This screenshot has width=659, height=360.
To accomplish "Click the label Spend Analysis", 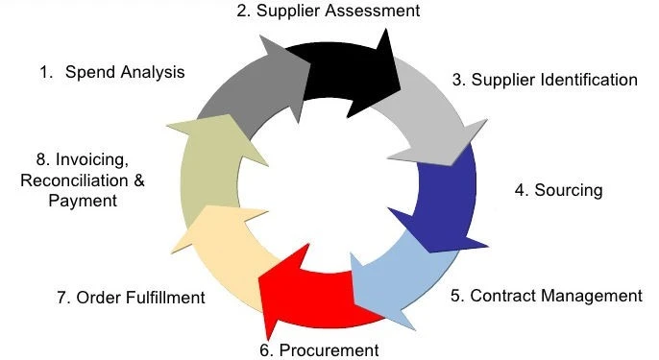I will click(x=111, y=72).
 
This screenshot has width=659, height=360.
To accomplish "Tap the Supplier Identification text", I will click(x=544, y=80).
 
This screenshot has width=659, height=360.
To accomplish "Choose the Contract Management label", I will click(x=546, y=296).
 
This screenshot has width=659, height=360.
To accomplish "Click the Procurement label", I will click(x=318, y=349).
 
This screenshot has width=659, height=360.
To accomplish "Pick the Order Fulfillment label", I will click(x=131, y=298).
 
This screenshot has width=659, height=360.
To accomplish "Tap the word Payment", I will click(x=85, y=202).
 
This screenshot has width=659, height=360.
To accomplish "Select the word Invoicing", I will click(x=99, y=158).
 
